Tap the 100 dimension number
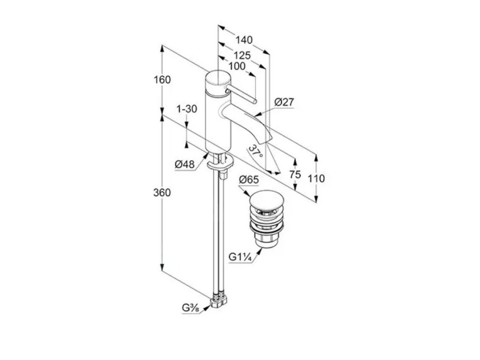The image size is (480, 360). click(237, 66)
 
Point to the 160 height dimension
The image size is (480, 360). click(162, 80)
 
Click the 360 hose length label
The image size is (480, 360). click(162, 193)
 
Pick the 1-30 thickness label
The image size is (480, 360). click(187, 109)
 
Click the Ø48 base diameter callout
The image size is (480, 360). click(184, 164)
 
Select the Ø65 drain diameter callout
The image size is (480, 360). click(248, 180)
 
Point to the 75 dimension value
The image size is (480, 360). click(295, 174)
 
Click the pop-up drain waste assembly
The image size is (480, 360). click(265, 218)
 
